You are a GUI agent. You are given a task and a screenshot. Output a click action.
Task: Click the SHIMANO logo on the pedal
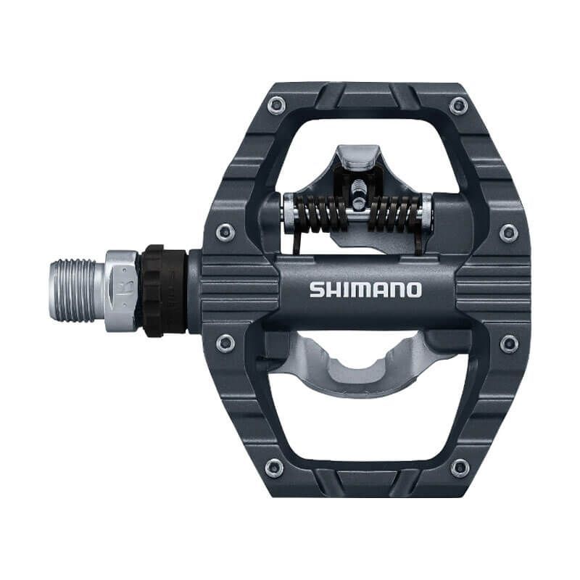(365, 289)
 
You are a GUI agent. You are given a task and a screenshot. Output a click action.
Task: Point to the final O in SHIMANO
(413, 290)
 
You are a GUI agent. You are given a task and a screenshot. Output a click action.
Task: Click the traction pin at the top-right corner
(458, 106)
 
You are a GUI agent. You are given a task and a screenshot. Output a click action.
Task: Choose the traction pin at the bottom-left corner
(274, 468)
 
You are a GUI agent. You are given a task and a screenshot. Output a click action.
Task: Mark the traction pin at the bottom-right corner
(458, 468)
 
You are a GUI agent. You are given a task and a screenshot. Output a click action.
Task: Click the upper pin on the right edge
(509, 233)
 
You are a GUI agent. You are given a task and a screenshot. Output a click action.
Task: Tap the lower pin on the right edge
(509, 344)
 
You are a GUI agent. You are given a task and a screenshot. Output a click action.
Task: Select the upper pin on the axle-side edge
(225, 233)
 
